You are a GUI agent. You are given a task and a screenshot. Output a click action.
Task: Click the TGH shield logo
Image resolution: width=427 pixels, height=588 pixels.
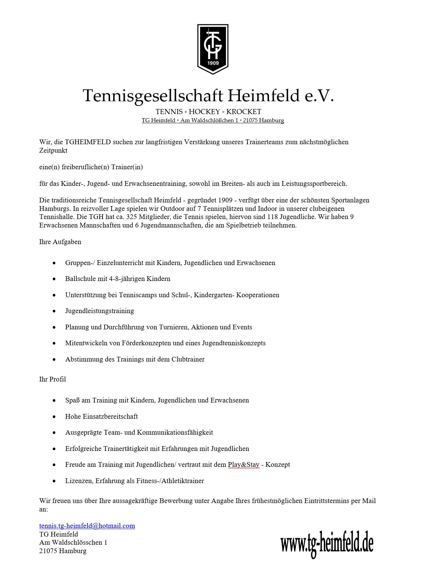(213, 49)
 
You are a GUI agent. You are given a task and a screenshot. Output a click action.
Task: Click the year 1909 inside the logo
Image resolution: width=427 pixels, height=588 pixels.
(213, 63)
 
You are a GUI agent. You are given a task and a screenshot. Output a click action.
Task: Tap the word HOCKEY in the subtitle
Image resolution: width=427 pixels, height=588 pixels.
(204, 112)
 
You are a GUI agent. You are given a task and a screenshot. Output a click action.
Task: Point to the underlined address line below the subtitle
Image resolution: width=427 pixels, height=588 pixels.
(213, 121)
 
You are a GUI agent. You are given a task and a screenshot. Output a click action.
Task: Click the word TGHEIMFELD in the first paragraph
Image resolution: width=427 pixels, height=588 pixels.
(88, 142)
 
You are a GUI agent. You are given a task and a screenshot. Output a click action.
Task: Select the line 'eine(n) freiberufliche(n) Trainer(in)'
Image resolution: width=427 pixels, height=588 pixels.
(91, 167)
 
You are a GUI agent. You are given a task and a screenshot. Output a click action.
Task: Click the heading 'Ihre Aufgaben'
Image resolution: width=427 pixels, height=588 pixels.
(60, 242)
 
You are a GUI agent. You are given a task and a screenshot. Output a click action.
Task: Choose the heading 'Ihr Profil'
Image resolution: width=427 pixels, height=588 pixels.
(52, 379)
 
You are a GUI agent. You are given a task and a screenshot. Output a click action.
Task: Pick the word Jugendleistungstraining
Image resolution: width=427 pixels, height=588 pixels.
(99, 311)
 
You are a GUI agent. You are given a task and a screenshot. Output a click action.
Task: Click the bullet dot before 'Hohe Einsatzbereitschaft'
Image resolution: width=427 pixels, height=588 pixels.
(54, 417)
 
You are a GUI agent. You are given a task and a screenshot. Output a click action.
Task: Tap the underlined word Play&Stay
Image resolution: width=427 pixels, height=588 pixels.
(244, 464)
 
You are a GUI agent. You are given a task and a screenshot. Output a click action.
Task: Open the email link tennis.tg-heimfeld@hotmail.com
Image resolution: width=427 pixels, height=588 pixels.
(87, 526)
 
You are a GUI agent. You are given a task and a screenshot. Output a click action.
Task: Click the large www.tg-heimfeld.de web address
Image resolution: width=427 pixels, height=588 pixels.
(327, 544)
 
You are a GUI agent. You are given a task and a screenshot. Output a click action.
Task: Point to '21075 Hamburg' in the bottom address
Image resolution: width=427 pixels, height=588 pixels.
(63, 551)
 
